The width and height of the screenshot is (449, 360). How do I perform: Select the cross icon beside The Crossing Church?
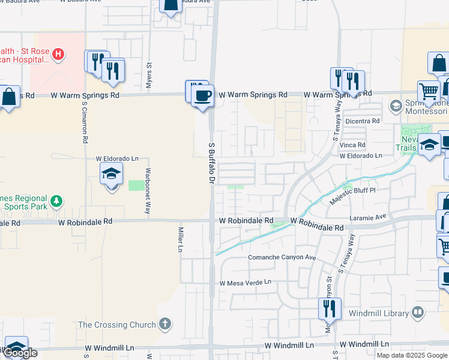(x=165, y=324)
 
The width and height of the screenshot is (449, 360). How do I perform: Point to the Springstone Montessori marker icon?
(x=396, y=107)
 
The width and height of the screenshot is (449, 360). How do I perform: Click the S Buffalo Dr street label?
(x=211, y=163)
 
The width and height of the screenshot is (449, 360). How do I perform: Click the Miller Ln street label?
(x=181, y=239)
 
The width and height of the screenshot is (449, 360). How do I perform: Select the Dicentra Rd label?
(x=363, y=121)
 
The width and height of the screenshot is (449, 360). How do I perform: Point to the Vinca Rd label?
(x=352, y=145)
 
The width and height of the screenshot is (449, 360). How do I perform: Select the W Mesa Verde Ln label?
(x=246, y=282)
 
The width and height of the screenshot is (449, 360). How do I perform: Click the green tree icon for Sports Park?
(x=56, y=200)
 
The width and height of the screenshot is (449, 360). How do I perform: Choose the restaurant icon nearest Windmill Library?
(x=329, y=309)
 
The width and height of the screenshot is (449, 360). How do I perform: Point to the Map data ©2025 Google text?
(x=411, y=355)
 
